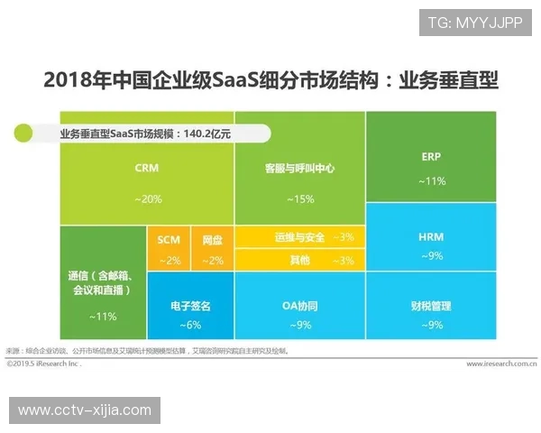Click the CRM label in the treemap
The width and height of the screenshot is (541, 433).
147,168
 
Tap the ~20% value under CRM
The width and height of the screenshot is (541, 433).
148,198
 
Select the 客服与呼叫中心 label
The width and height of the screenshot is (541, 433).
300,169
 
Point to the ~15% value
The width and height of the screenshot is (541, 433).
299,198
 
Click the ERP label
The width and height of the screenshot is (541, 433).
431,156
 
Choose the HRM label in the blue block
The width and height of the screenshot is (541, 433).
431,237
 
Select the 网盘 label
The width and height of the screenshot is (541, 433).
213,240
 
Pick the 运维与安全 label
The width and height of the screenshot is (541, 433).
299,237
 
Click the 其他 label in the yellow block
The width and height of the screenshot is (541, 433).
299,260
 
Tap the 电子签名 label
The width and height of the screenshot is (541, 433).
190,307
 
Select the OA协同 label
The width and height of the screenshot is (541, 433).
299,307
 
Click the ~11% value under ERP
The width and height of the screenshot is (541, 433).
431,180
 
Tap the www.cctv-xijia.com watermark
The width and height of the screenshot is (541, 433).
85,410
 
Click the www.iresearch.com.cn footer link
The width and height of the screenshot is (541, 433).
501,364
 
